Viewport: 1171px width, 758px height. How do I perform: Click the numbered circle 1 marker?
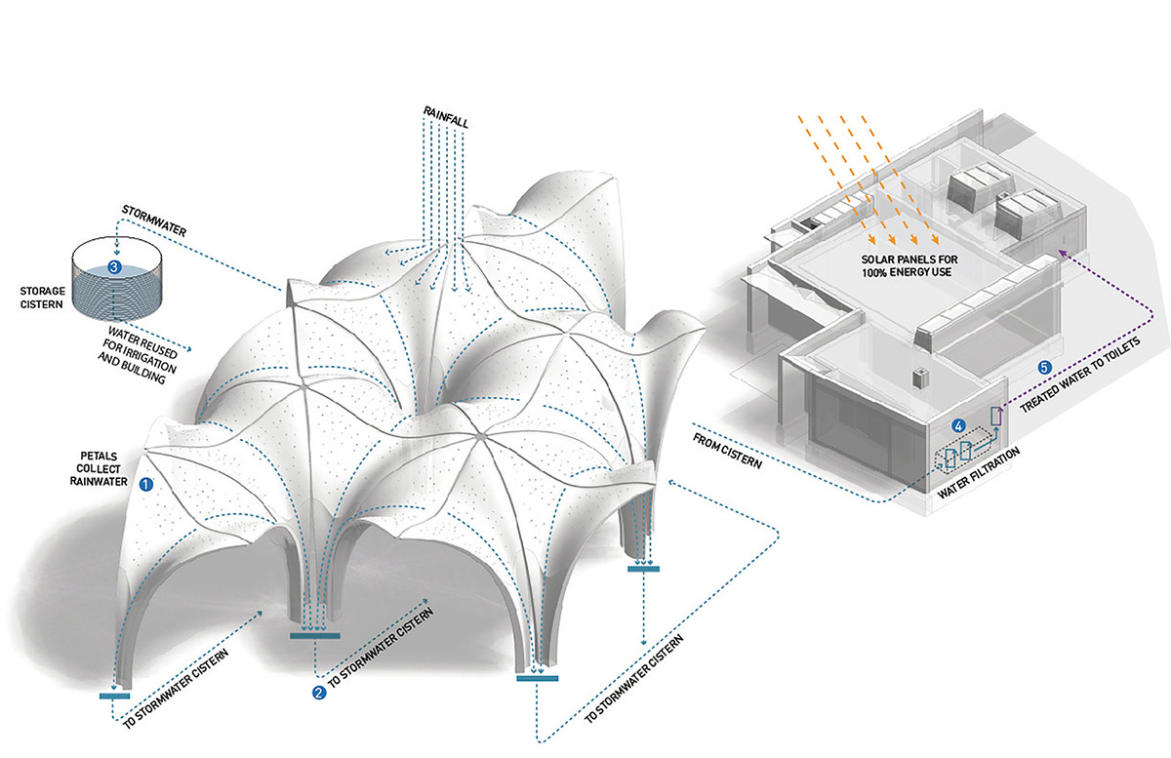click(147, 483)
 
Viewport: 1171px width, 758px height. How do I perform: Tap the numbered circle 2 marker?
click(319, 693)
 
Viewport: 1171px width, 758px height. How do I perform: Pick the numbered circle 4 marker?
click(959, 425)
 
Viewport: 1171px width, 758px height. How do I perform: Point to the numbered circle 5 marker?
click(1044, 368)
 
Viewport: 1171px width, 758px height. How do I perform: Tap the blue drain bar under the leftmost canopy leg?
click(114, 695)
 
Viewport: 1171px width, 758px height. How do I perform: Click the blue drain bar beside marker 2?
click(315, 636)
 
